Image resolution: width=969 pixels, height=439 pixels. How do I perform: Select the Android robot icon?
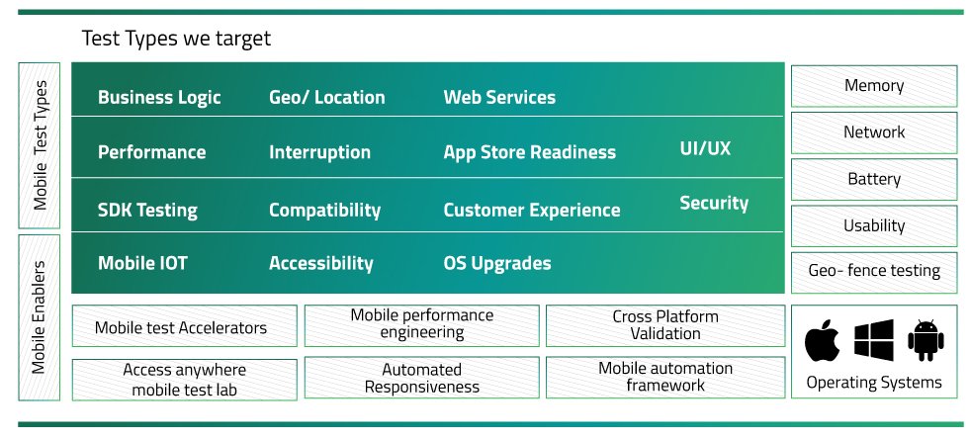click(925, 340)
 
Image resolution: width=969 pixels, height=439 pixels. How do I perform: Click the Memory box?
click(874, 86)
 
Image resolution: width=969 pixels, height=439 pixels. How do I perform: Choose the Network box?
click(874, 132)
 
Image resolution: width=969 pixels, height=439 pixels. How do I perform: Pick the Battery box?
click(874, 179)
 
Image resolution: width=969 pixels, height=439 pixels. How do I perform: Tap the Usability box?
click(874, 226)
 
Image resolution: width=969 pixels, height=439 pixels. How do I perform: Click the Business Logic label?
click(159, 97)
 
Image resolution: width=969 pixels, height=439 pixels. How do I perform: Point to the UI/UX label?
click(705, 148)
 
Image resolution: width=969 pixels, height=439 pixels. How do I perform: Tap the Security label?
click(714, 203)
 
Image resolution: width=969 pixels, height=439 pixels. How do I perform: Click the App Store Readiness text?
click(530, 152)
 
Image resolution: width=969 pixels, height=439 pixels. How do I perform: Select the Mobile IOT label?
click(142, 263)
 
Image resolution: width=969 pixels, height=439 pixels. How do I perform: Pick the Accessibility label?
click(320, 263)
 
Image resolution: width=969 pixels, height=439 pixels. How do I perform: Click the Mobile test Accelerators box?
click(184, 326)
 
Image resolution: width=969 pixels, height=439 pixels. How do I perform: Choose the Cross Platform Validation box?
click(665, 326)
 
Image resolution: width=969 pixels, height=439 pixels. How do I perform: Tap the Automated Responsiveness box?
click(421, 378)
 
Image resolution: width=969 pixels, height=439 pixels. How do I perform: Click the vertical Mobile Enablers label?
click(39, 317)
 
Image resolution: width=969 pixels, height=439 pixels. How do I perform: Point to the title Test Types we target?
click(176, 39)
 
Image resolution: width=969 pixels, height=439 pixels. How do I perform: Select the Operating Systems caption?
click(874, 382)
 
